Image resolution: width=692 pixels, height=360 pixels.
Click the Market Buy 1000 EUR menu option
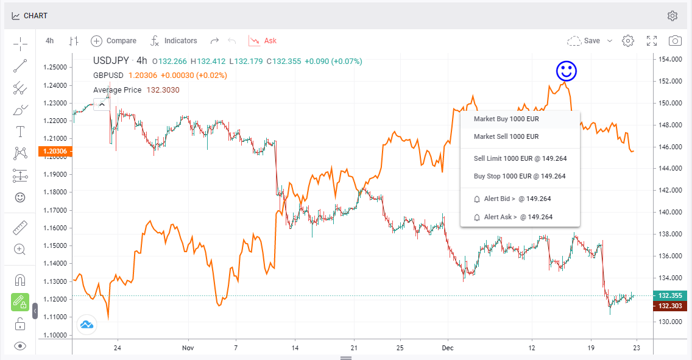506,119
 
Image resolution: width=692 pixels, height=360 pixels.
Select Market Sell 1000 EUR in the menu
506,136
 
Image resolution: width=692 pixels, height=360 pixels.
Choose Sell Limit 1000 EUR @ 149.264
520,158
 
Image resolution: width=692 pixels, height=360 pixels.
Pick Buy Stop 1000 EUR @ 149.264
519,176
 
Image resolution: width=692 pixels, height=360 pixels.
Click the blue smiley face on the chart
567,71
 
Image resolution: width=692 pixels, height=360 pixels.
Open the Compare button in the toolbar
114,41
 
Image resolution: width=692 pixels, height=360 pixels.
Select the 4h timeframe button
50,41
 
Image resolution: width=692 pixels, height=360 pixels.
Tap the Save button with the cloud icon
584,41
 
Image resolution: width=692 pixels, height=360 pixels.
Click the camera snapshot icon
675,41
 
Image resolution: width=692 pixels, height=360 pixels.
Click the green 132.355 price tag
671,295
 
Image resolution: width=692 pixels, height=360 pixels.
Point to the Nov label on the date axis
188,348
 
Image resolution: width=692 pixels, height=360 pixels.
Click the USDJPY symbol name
111,60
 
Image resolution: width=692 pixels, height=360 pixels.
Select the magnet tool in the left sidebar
20,281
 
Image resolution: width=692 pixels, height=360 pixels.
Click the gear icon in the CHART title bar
673,16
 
